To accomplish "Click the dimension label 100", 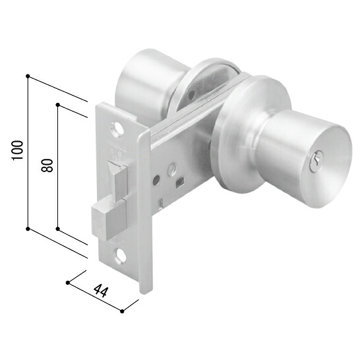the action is pos(18,150).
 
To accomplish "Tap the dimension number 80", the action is pos(47,165).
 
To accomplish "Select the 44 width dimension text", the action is pos(101,291).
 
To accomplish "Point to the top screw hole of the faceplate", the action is pos(117,130).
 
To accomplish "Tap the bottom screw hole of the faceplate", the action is pos(121,255).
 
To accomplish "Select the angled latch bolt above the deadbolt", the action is pos(117,181).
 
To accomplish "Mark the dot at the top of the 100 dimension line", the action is pos(28,76).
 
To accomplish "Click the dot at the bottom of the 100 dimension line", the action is pos(28,229).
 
